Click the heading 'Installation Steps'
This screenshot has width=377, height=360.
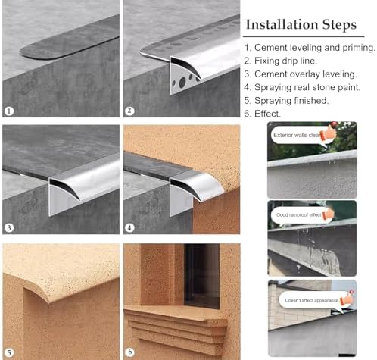[x=300, y=25]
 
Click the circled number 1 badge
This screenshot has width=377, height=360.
[x=9, y=111]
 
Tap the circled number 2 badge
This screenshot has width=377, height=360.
[x=129, y=111]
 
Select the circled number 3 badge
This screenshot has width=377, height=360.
[x=9, y=228]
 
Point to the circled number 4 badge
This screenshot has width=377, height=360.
[x=129, y=228]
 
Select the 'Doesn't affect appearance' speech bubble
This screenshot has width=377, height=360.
[x=303, y=300]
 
